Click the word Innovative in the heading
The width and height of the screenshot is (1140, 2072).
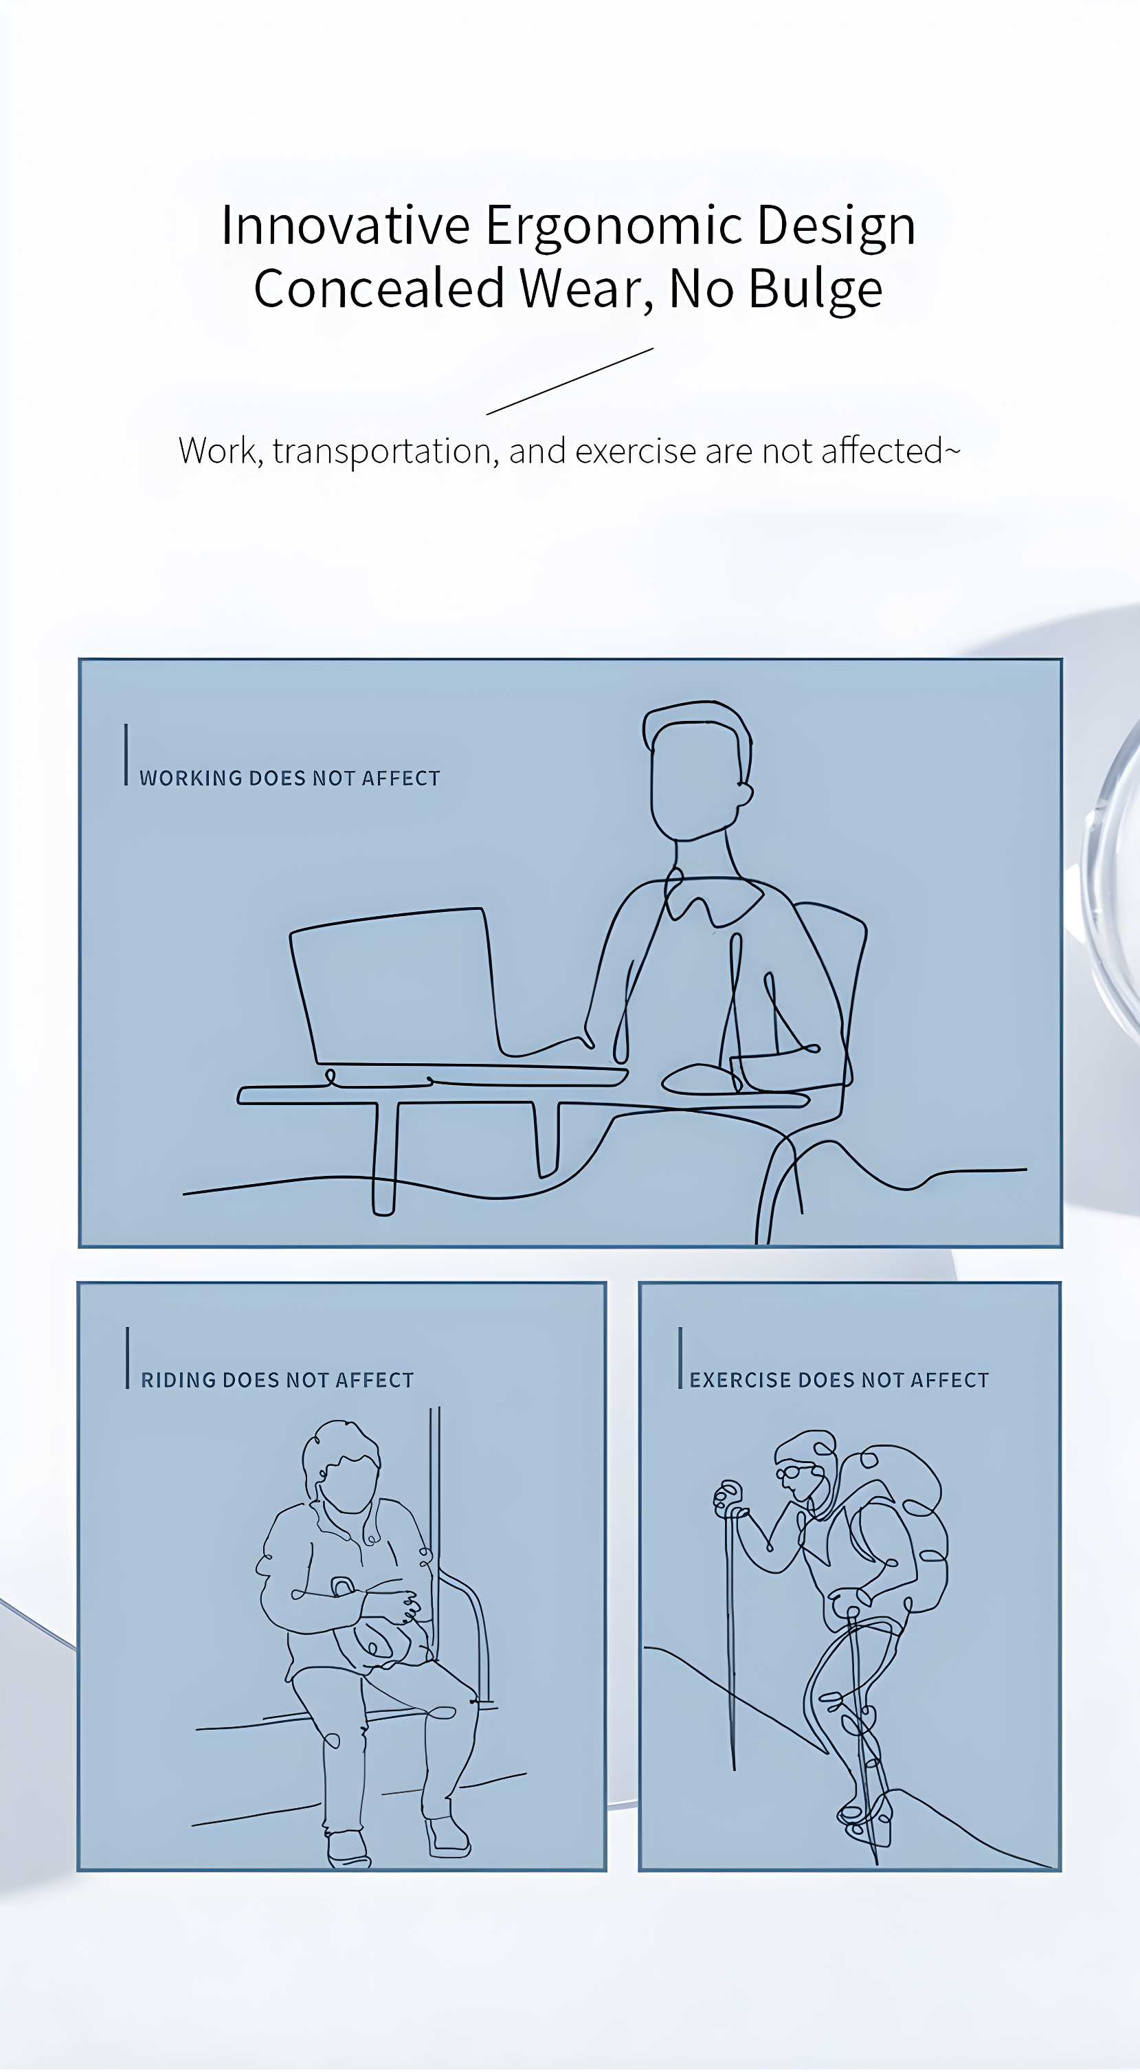click(345, 225)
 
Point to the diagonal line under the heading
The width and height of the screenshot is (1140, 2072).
click(570, 381)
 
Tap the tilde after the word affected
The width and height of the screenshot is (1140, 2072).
click(952, 452)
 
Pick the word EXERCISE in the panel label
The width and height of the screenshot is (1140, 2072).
click(740, 1380)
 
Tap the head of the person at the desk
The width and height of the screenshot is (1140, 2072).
click(697, 770)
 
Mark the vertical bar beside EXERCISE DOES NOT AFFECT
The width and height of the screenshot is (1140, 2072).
click(680, 1358)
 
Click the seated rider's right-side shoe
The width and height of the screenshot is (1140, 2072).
click(447, 1836)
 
